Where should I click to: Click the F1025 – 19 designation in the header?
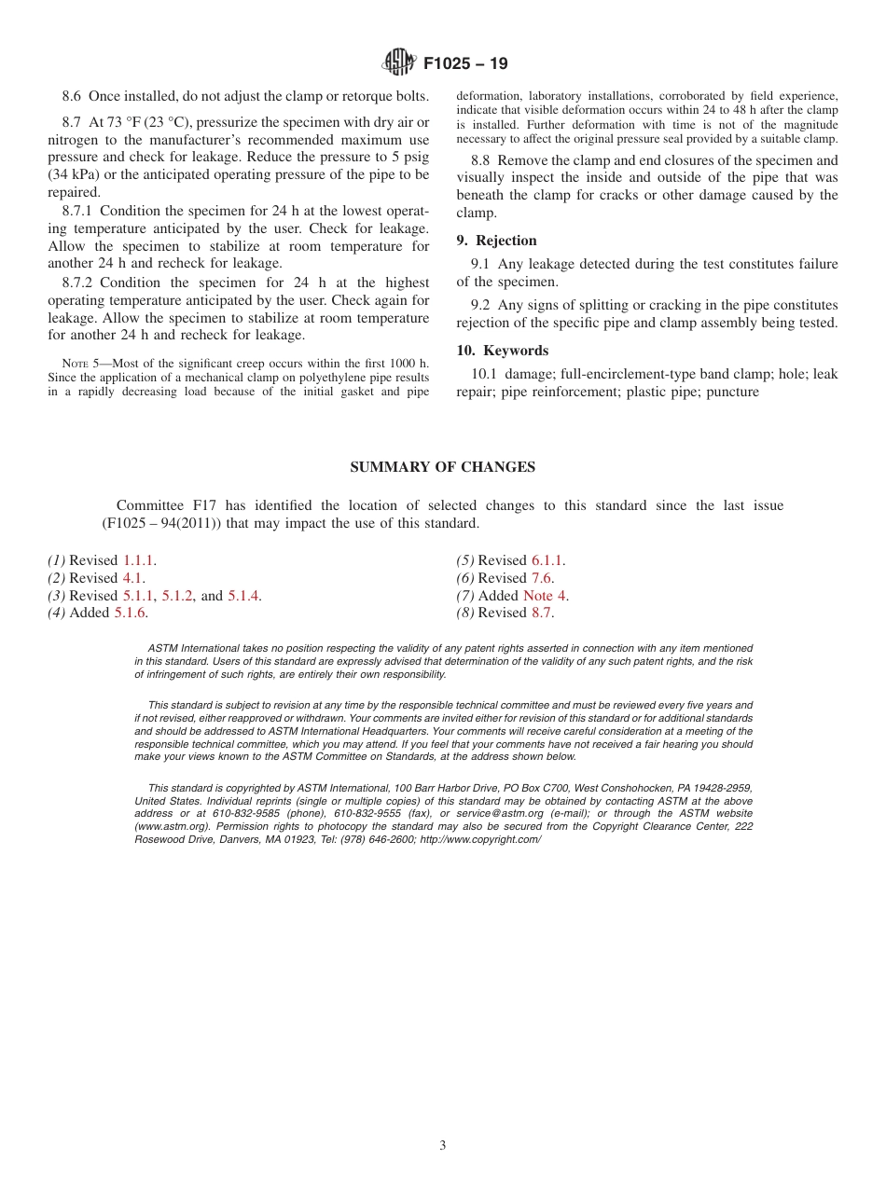point(465,64)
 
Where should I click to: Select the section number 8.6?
point(72,96)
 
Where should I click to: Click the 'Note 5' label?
point(79,363)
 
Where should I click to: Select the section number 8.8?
point(481,160)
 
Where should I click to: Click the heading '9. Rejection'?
point(496,241)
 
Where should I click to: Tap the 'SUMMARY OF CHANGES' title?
point(442,467)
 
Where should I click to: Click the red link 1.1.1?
point(139,560)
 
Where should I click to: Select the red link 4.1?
point(132,578)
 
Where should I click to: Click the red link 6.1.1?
point(547,560)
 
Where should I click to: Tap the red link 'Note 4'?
point(544,596)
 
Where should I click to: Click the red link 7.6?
point(541,578)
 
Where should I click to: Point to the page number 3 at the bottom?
point(443,1145)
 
